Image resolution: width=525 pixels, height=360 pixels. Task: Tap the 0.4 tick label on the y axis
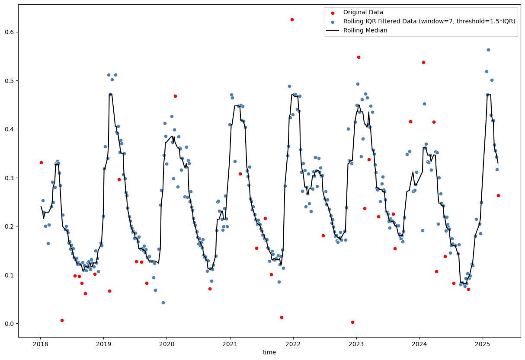click(10, 129)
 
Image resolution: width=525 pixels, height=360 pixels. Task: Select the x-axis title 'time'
click(269, 352)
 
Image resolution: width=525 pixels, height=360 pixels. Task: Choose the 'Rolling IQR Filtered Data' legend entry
click(429, 21)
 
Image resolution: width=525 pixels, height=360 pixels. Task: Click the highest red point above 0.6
click(292, 19)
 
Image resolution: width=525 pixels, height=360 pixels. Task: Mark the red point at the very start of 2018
click(41, 162)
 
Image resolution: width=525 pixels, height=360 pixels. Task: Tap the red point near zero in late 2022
click(352, 322)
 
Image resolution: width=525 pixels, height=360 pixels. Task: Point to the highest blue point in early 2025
click(488, 50)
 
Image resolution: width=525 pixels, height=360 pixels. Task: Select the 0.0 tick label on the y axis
click(10, 324)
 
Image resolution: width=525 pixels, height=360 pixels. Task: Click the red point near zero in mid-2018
click(62, 320)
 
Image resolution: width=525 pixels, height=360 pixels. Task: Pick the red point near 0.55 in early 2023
click(359, 57)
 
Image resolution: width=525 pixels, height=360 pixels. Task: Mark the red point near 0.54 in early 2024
click(423, 62)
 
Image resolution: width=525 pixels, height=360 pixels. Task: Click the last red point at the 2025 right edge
click(498, 195)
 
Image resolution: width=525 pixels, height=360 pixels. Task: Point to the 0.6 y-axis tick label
click(10, 32)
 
